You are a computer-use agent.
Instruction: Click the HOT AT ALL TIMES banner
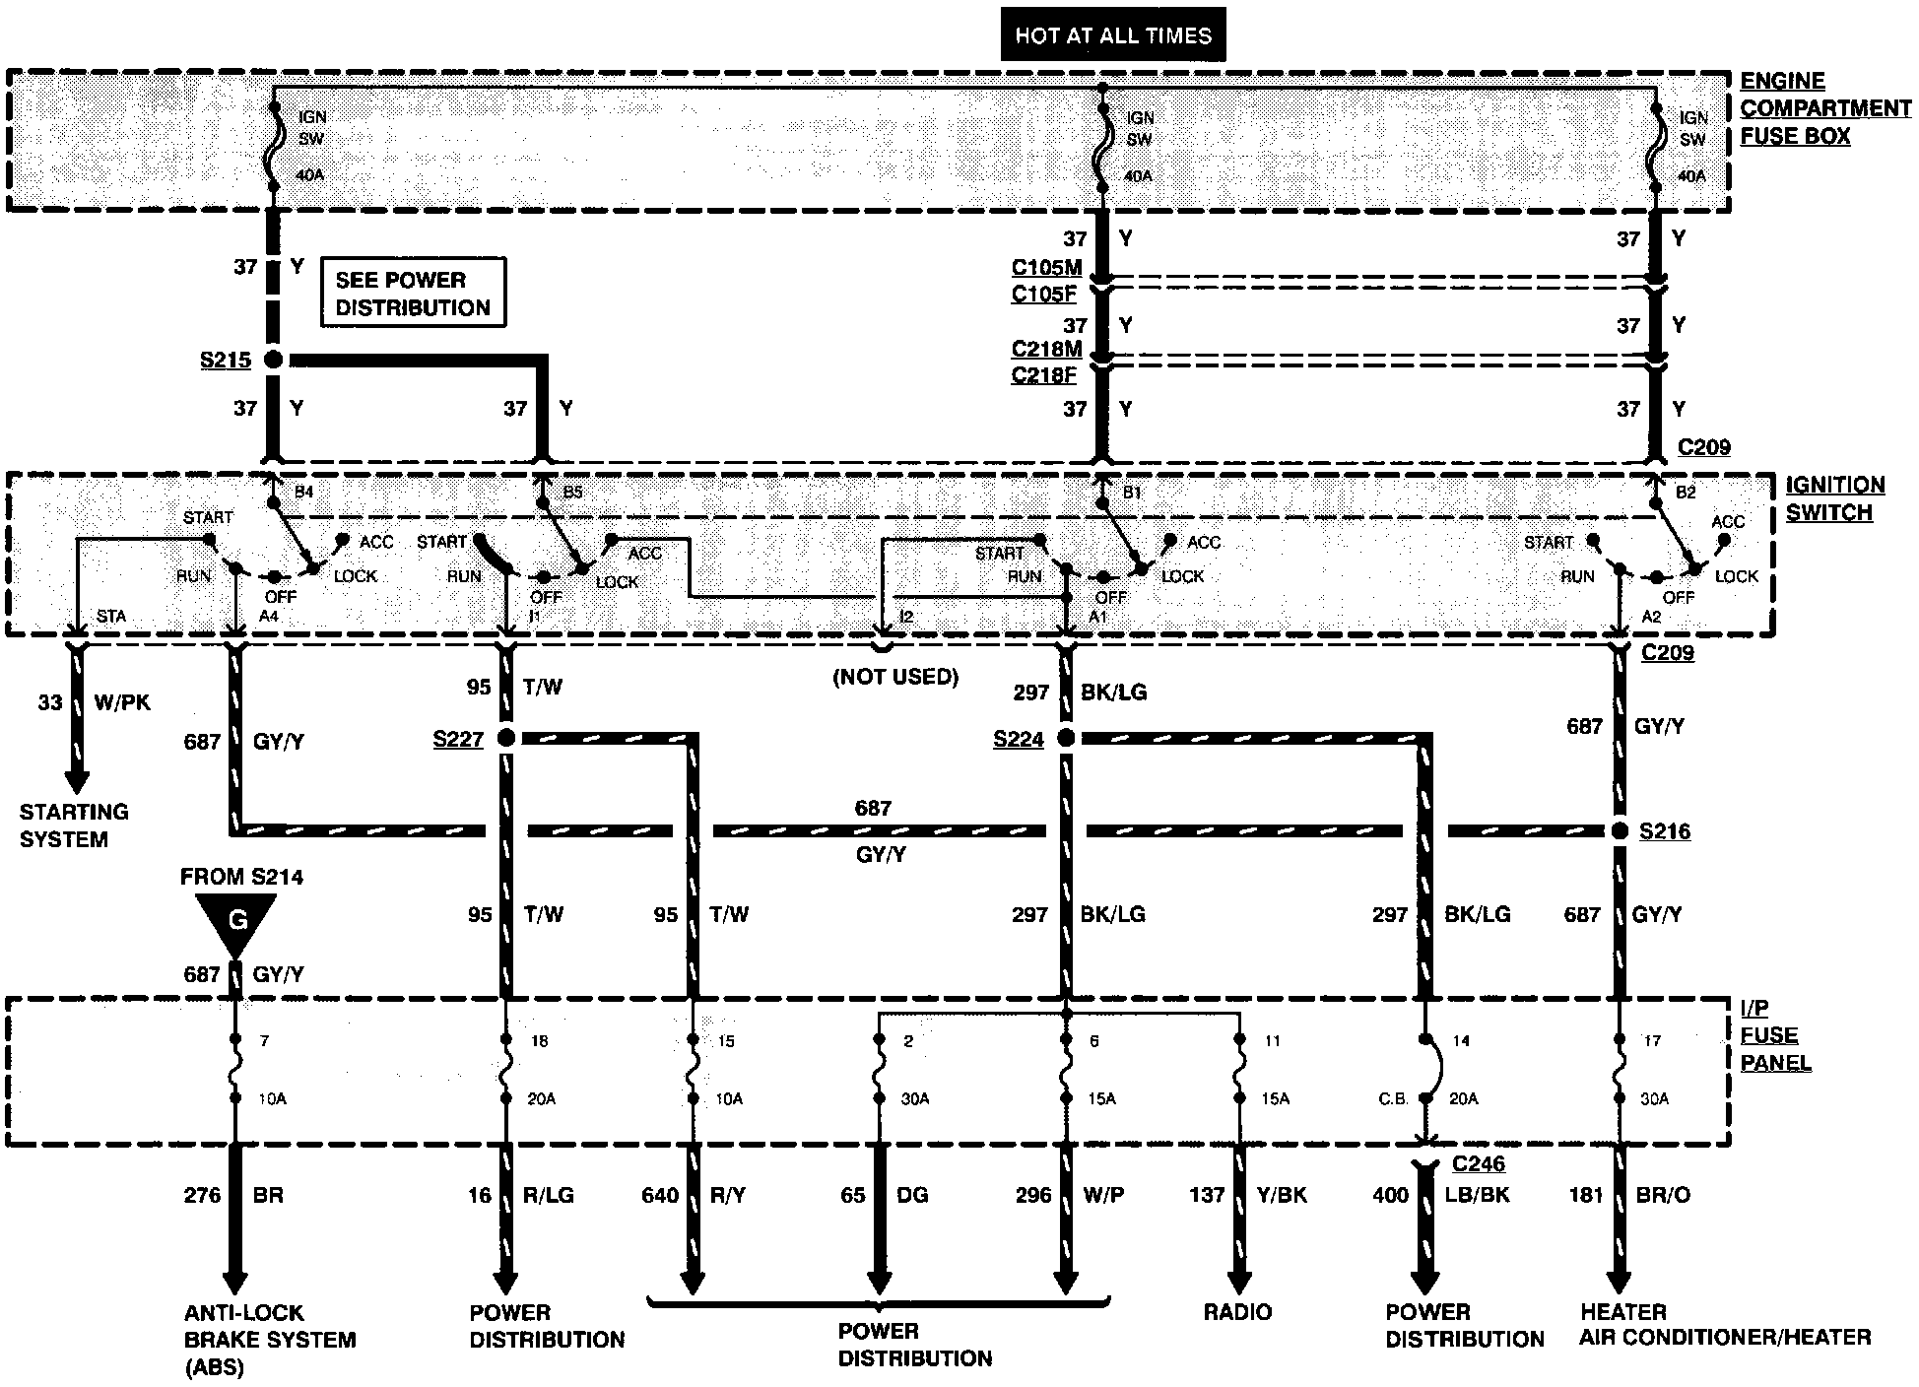[1113, 35]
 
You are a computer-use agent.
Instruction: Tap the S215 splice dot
[274, 360]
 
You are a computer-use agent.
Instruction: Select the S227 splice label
[458, 739]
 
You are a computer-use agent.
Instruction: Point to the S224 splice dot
[1065, 738]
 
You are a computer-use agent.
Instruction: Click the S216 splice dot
[1620, 831]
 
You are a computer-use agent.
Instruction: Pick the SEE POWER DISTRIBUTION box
[413, 293]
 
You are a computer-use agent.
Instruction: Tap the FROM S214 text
[241, 877]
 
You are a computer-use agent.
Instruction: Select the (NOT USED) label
[894, 678]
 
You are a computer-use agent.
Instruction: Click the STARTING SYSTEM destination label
[74, 826]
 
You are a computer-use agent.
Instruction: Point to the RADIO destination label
[1237, 1312]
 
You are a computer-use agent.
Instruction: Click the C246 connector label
[1478, 1164]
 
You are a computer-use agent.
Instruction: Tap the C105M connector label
[1046, 268]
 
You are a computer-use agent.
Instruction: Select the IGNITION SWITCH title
[1834, 498]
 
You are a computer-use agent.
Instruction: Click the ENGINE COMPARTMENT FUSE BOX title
[1824, 108]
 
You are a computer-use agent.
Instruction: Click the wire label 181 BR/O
[1629, 1195]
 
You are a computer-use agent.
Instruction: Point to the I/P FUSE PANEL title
[1775, 1035]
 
